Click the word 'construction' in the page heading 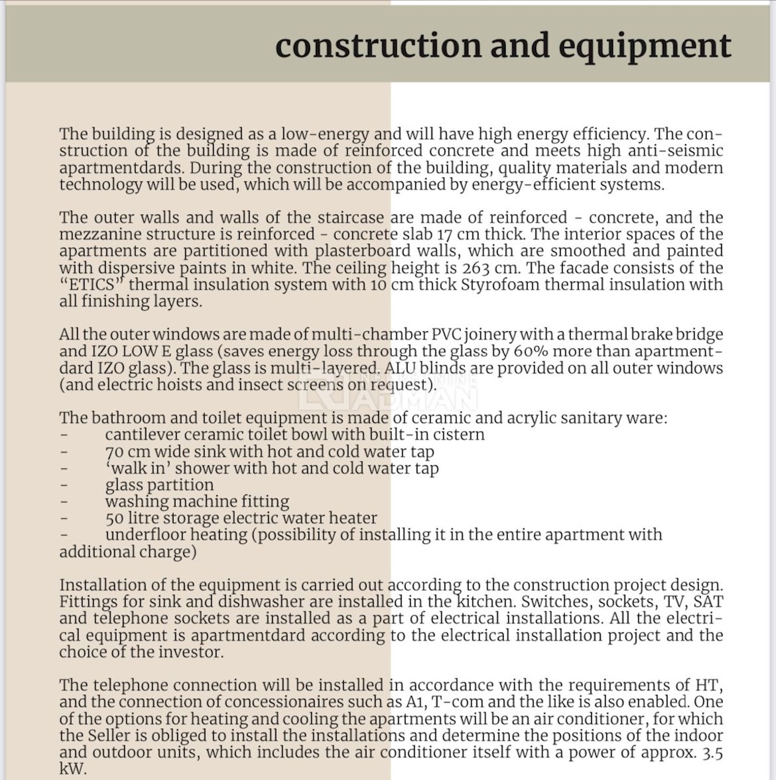pos(378,46)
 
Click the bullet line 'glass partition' pos(159,485)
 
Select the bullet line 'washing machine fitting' pos(197,501)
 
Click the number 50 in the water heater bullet pos(115,518)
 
